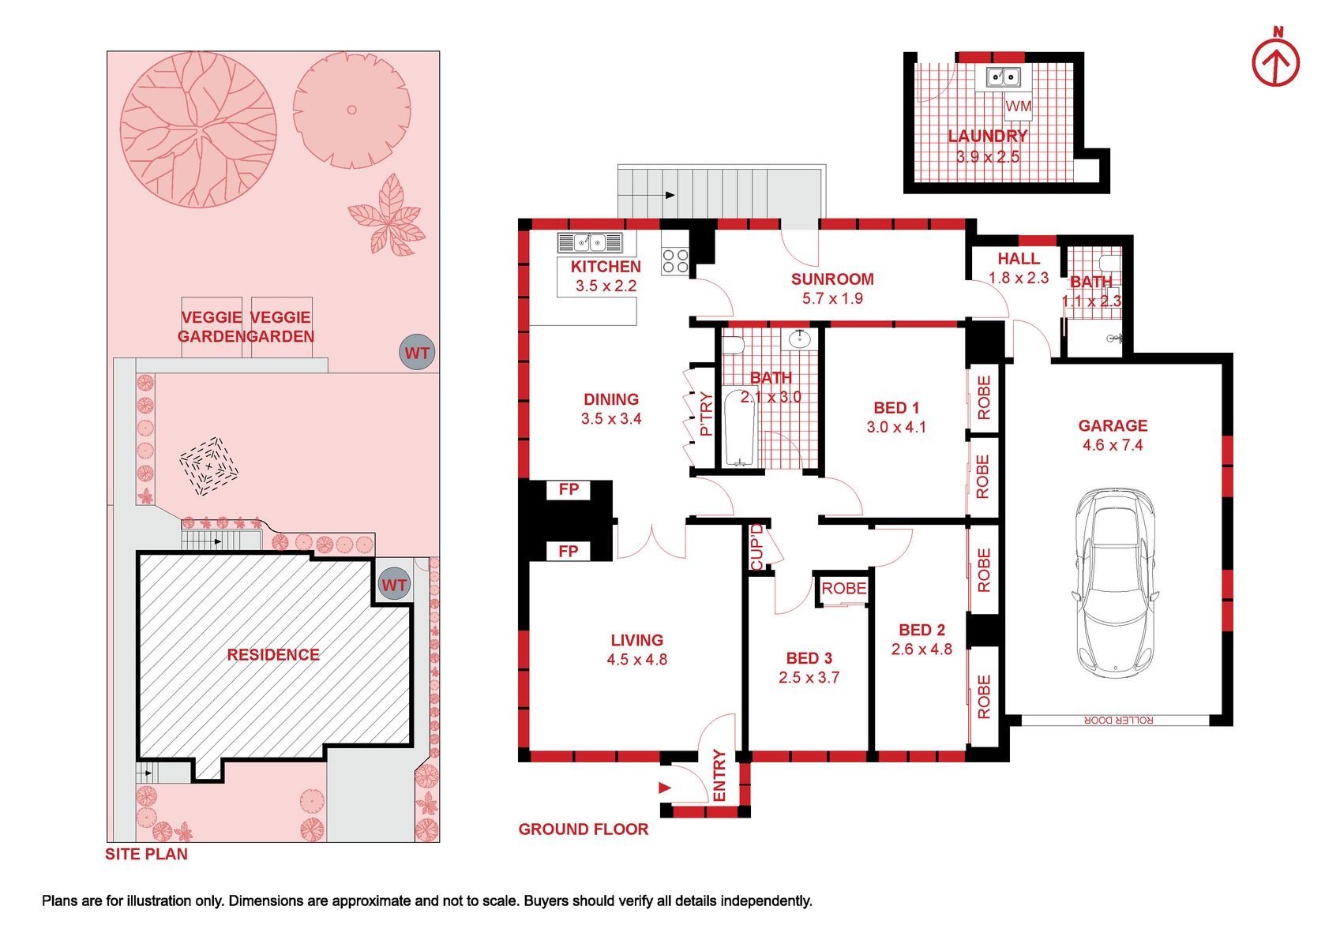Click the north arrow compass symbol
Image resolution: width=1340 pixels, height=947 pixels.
1276,65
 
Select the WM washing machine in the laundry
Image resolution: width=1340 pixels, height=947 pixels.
1018,106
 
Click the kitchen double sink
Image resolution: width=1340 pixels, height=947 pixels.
589,243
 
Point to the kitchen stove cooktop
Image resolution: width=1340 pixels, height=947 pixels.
675,261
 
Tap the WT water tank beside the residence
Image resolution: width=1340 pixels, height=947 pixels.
393,585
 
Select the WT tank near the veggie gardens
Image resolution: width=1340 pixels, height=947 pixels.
417,353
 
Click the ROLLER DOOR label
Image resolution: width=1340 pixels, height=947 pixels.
1118,721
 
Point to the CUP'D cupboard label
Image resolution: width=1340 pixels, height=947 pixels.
756,547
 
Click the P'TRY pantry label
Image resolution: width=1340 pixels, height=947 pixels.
707,414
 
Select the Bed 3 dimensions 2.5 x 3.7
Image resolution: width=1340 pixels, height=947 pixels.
809,677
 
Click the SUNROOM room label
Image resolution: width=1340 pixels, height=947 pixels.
832,279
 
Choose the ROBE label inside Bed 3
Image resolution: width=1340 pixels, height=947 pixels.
843,588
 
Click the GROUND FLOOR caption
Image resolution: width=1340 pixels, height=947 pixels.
584,829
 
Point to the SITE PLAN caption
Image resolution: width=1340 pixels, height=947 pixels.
147,854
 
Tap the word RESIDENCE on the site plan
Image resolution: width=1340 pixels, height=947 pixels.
273,655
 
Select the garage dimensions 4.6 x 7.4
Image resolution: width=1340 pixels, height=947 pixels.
1113,445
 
